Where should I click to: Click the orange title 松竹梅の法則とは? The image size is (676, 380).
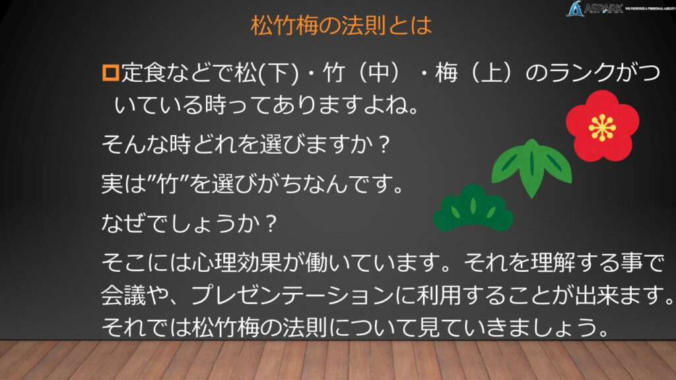coord(341,26)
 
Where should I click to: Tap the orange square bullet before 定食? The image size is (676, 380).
coord(110,73)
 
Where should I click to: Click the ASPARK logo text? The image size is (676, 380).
coord(603,9)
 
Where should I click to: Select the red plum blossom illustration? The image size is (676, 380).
coord(602,126)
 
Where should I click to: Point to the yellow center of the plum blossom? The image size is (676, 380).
coord(602,128)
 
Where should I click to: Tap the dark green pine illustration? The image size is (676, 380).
coord(473,208)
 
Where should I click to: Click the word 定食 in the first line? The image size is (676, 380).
coord(143,73)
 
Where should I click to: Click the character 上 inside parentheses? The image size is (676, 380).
coord(492,73)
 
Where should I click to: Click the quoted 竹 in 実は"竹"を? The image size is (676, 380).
coord(167,184)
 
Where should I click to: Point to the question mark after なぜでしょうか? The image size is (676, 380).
coord(270,224)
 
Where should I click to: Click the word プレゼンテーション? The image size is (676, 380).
coord(292,296)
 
